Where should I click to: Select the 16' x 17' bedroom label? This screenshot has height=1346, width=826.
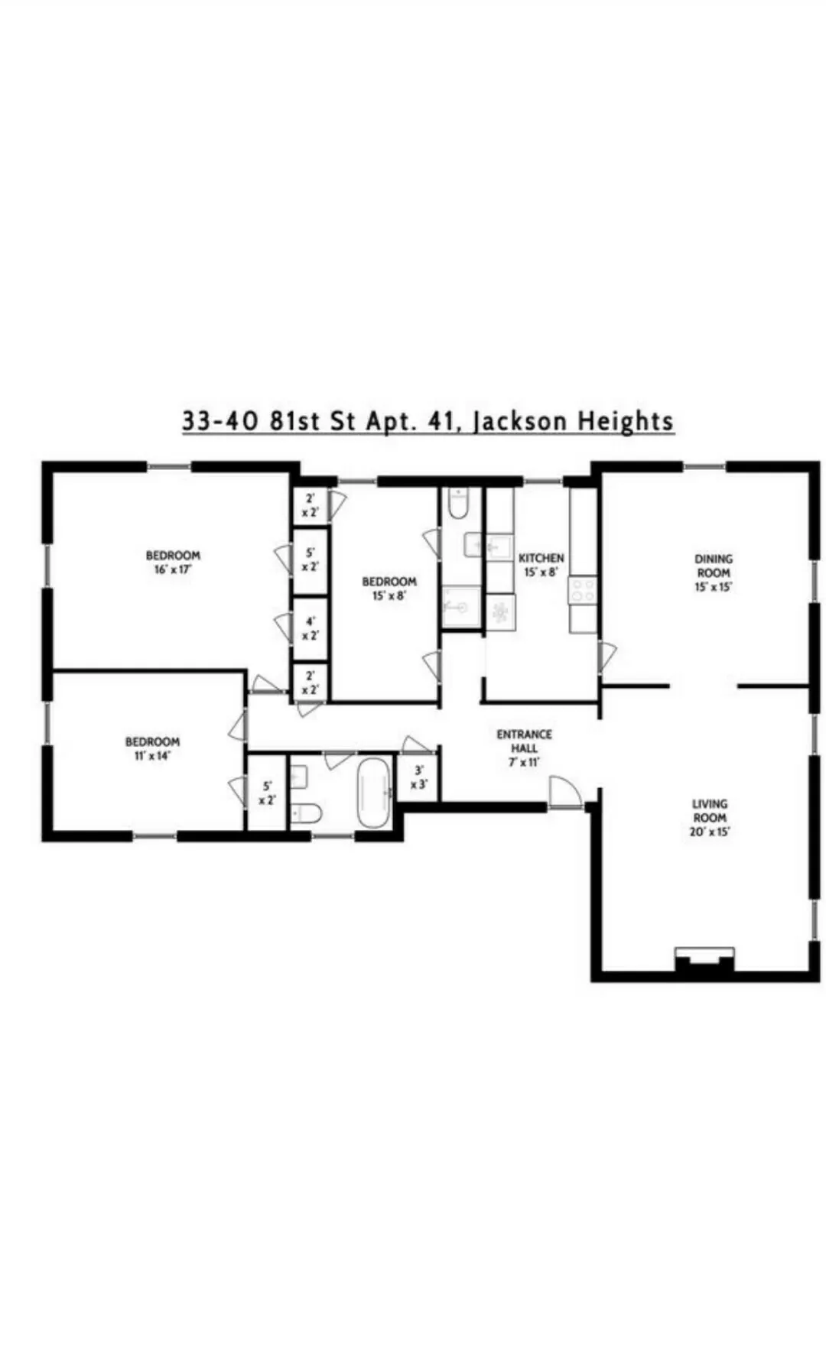coord(173,562)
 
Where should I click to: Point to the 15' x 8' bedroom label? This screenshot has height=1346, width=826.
coord(389,589)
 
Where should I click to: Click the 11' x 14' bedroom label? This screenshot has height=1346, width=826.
coord(152,748)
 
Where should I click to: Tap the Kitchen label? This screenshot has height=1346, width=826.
coord(541,565)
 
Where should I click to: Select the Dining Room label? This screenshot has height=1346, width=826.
coord(713,572)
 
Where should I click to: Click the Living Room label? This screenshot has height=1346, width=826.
coord(709,817)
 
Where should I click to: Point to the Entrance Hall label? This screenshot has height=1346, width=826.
coord(524,748)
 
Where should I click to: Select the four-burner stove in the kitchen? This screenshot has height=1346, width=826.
coord(581,590)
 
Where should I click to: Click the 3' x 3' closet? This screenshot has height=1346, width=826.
coord(418,778)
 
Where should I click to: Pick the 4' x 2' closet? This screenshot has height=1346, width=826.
coord(311,628)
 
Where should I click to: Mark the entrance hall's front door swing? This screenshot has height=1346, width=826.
coord(564,790)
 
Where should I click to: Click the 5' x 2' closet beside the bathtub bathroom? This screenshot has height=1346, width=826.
coord(267,793)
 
